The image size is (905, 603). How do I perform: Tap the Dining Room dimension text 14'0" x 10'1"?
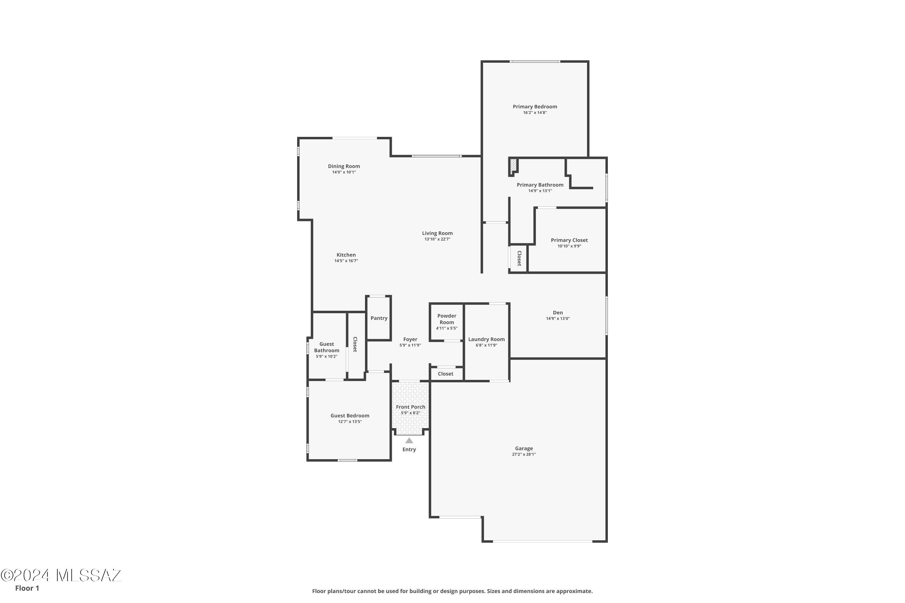click(344, 172)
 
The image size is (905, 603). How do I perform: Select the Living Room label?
click(437, 233)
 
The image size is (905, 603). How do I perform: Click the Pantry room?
click(379, 318)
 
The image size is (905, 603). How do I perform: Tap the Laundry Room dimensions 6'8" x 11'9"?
click(486, 345)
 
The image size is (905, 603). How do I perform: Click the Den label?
click(557, 313)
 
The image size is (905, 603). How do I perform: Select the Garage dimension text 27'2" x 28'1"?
click(524, 454)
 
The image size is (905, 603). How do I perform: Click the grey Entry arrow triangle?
click(409, 441)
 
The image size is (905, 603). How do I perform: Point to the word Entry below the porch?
click(409, 450)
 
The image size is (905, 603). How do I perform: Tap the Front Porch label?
click(411, 407)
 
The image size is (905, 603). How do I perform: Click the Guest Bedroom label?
click(350, 416)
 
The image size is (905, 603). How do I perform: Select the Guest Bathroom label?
click(327, 347)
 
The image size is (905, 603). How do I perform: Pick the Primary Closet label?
click(569, 240)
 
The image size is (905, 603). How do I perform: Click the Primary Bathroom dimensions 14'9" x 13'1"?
click(540, 191)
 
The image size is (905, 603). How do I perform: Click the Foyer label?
click(410, 339)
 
